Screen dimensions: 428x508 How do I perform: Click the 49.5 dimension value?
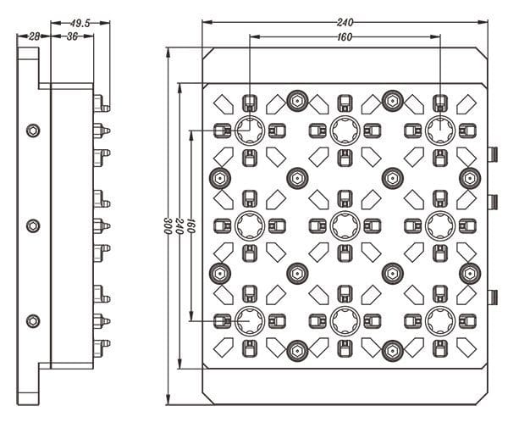point(80,23)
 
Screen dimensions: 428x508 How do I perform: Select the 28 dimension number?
point(34,37)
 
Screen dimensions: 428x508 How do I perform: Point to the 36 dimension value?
point(72,37)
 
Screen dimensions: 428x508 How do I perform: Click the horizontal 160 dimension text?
point(345,37)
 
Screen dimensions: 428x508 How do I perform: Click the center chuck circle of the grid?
point(345,225)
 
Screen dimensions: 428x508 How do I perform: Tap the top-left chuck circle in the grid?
point(250,130)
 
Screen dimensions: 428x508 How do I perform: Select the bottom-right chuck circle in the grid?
point(439,320)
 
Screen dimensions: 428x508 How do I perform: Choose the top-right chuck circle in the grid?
point(439,130)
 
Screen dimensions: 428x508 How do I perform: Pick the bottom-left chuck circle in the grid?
point(250,320)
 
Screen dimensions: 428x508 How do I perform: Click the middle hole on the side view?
point(33,225)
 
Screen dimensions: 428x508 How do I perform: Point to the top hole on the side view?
point(33,130)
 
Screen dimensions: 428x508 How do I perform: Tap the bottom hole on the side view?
point(33,320)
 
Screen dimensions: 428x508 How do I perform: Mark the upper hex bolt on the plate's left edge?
point(218,177)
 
